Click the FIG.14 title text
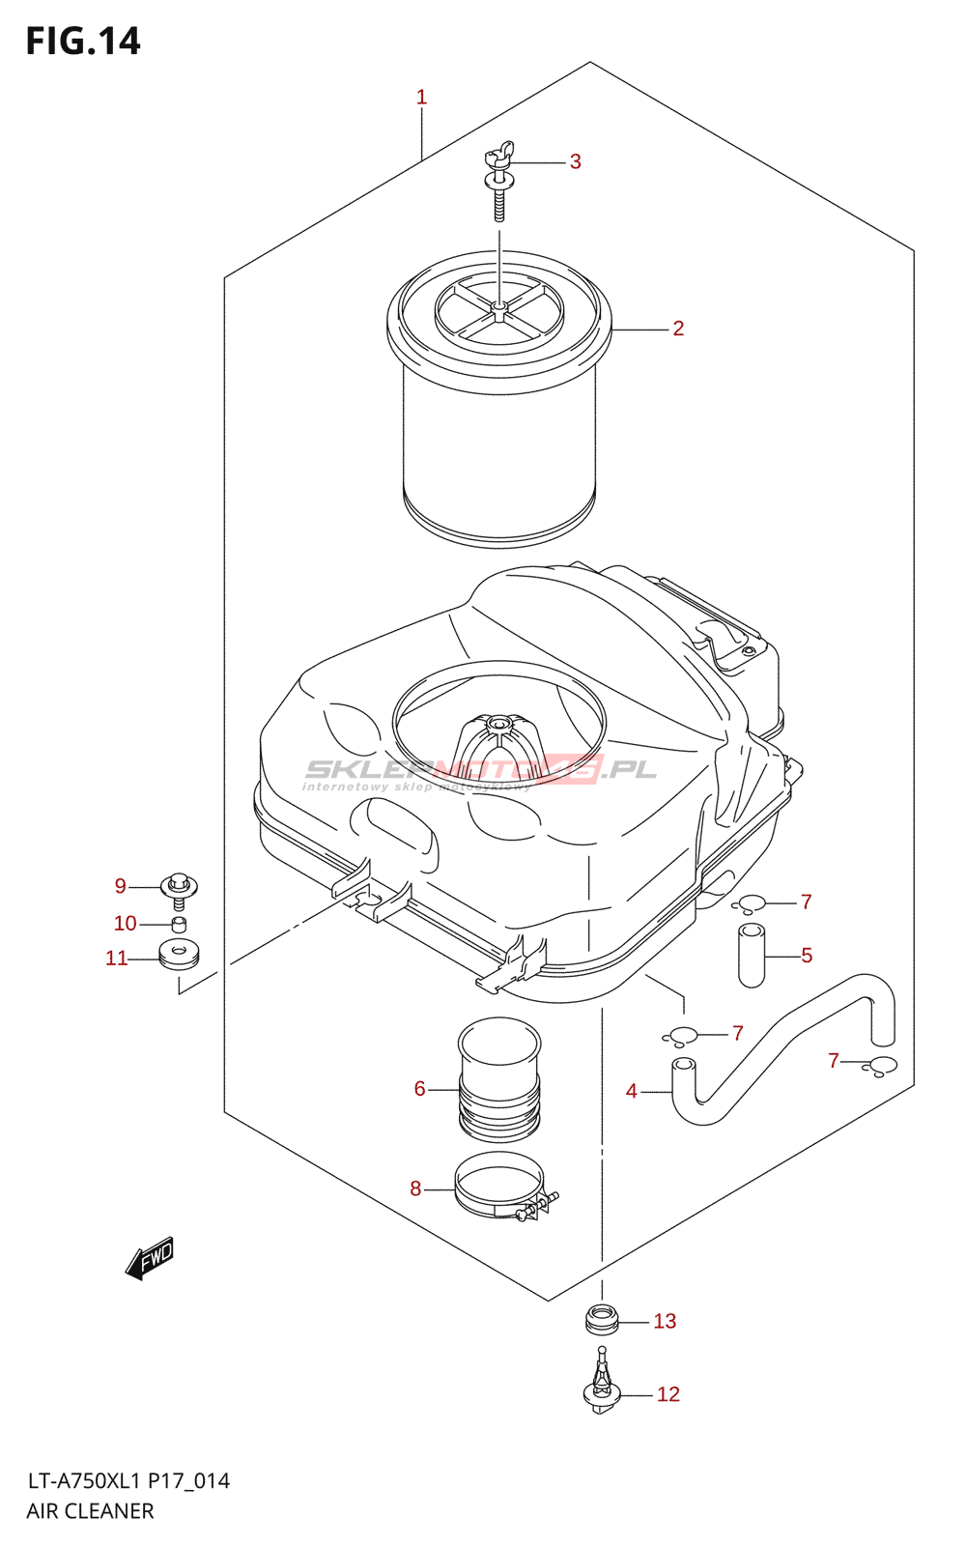(x=83, y=42)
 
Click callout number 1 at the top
(x=421, y=97)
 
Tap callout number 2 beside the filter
(x=678, y=329)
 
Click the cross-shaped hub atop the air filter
(x=498, y=309)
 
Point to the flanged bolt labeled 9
(x=179, y=888)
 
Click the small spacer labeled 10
(x=179, y=924)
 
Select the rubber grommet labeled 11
(x=179, y=955)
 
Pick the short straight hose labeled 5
(x=752, y=956)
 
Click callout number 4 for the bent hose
(x=631, y=1091)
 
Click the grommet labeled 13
(x=602, y=1319)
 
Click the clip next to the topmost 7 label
(x=750, y=904)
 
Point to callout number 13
(x=665, y=1321)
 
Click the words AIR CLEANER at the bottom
(x=90, y=1511)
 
